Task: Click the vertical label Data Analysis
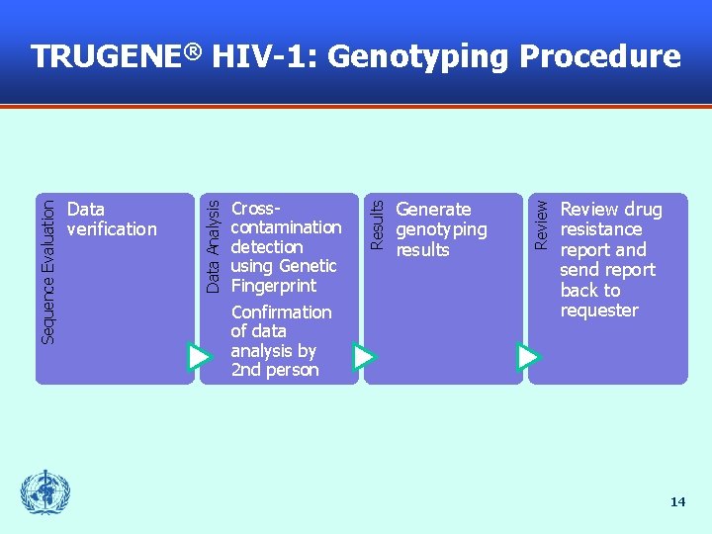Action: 212,243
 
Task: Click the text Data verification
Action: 111,219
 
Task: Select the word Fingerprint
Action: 273,286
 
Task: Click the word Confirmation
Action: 281,312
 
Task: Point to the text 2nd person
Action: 274,370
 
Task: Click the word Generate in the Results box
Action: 433,210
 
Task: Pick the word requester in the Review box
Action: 599,311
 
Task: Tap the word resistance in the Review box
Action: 601,229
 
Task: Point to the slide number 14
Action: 677,502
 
